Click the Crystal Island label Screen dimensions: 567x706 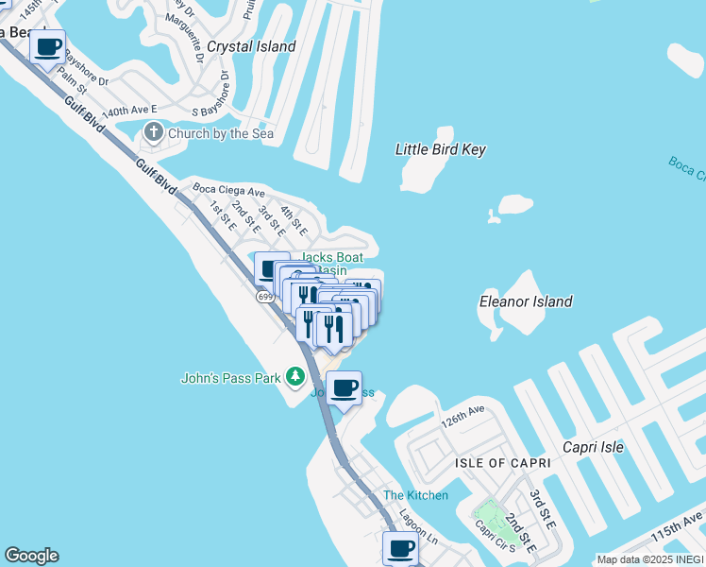(251, 46)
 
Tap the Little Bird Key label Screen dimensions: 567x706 (440, 149)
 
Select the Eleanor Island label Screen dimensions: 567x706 (526, 301)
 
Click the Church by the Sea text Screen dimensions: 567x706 (221, 133)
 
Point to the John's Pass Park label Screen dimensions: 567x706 (231, 378)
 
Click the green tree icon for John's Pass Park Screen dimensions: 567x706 (295, 378)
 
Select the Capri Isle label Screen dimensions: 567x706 (593, 447)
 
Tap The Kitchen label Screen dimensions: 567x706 (415, 495)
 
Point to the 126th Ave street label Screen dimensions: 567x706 (462, 415)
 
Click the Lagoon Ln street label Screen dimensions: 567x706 (419, 538)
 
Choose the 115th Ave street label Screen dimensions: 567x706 (678, 526)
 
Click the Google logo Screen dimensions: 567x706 (31, 556)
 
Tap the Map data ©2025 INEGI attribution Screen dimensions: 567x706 (650, 559)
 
